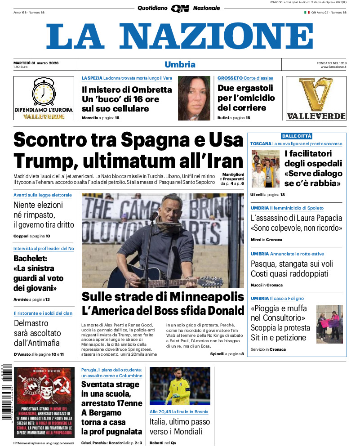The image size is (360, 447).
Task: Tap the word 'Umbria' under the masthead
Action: pyautogui.click(x=180, y=64)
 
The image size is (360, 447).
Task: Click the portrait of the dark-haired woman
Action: pyautogui.click(x=194, y=98)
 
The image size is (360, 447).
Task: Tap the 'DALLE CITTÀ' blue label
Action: pyautogui.click(x=297, y=136)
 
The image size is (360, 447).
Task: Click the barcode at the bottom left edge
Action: pyautogui.click(x=6, y=391)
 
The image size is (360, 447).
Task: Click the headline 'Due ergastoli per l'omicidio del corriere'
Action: pyautogui.click(x=245, y=98)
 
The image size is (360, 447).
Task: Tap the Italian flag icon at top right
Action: pyautogui.click(x=307, y=12)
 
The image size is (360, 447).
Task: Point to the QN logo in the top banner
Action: pyautogui.click(x=180, y=8)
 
